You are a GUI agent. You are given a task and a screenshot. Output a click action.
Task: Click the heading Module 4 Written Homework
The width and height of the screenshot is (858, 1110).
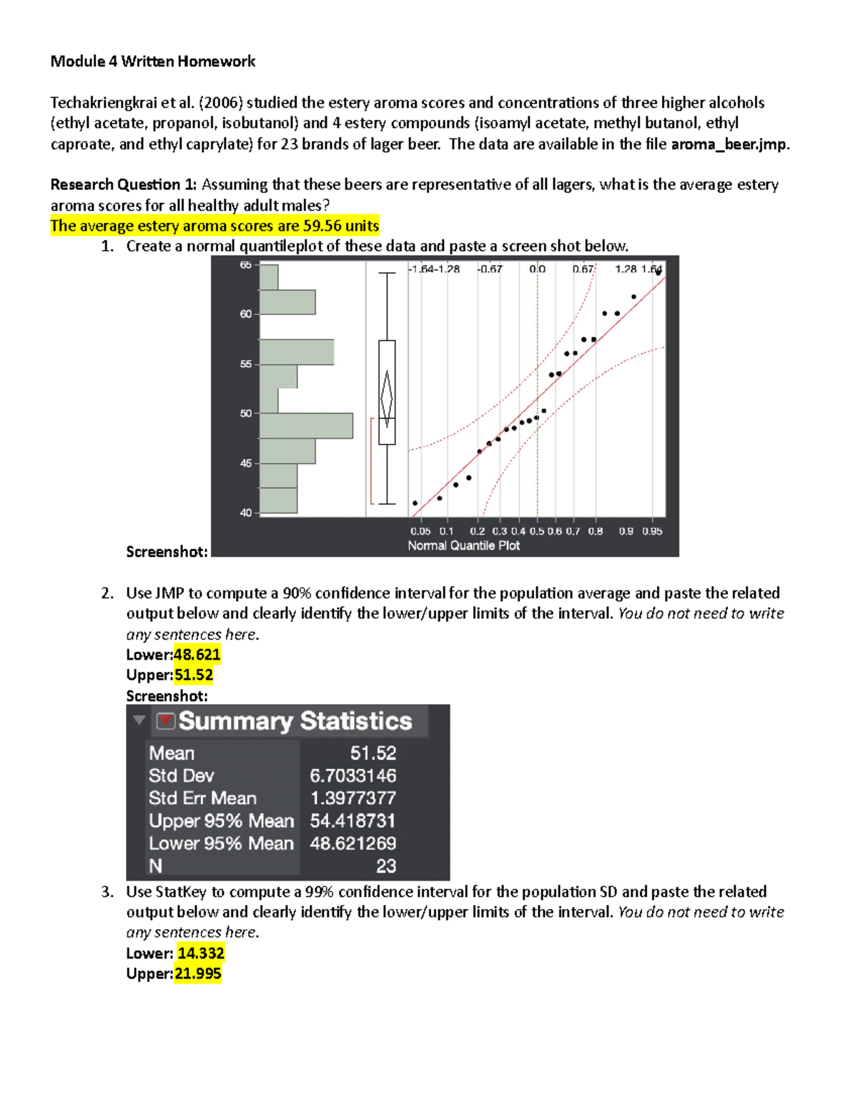pyautogui.click(x=152, y=61)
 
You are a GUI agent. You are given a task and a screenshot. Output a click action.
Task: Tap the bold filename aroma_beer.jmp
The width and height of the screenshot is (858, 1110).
pyautogui.click(x=729, y=144)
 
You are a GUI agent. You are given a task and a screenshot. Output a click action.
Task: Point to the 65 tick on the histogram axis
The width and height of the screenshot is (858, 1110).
pyautogui.click(x=245, y=265)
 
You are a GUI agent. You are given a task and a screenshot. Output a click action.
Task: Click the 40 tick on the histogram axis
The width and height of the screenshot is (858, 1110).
pyautogui.click(x=245, y=512)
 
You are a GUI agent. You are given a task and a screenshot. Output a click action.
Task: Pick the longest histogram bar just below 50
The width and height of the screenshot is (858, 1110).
pyautogui.click(x=306, y=425)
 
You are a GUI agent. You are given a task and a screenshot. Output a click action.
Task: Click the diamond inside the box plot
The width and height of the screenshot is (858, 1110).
pyautogui.click(x=387, y=397)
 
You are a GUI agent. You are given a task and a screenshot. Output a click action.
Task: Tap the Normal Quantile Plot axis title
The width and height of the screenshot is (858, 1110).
pyautogui.click(x=463, y=545)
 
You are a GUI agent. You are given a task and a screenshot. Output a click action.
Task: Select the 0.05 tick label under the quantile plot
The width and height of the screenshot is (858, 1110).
pyautogui.click(x=420, y=531)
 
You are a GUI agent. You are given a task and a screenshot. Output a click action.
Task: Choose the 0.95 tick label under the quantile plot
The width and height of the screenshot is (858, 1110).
pyautogui.click(x=652, y=531)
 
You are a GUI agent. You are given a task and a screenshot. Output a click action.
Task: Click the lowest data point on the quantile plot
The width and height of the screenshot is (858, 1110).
pyautogui.click(x=415, y=503)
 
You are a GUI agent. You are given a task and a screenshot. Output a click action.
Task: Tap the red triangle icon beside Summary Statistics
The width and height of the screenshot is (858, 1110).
pyautogui.click(x=166, y=720)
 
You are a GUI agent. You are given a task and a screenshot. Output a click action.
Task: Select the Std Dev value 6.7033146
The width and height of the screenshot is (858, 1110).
pyautogui.click(x=352, y=775)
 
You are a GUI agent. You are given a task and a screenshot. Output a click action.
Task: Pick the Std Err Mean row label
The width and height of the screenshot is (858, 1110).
pyautogui.click(x=202, y=798)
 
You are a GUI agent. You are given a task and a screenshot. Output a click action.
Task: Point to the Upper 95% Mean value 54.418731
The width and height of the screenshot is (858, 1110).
pyautogui.click(x=352, y=821)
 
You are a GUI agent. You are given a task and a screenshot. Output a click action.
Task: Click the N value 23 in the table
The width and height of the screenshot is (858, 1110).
pyautogui.click(x=386, y=866)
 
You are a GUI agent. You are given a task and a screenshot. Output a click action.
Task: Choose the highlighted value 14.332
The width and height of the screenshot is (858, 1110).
pyautogui.click(x=201, y=953)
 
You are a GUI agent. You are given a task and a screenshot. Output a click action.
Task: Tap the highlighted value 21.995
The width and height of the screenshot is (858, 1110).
pyautogui.click(x=198, y=973)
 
